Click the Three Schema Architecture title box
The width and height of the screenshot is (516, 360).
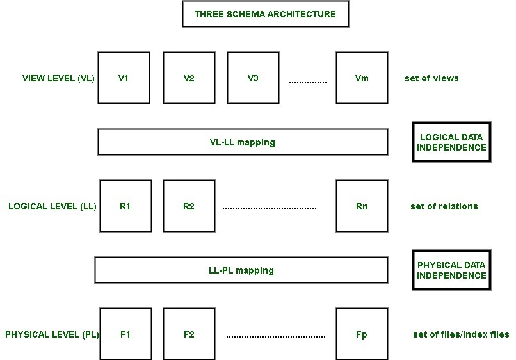(x=265, y=14)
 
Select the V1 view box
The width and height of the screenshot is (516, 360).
(x=124, y=78)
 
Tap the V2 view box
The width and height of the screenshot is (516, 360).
(x=188, y=78)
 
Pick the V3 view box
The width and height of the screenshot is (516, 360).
(x=252, y=78)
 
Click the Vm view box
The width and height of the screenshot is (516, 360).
(x=362, y=78)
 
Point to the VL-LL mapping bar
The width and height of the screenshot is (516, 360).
(x=243, y=142)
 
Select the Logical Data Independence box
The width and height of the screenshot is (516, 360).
(x=451, y=142)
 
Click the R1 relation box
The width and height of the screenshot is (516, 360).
(x=124, y=206)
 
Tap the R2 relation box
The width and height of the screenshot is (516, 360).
(x=188, y=206)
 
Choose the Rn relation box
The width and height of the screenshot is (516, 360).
(x=362, y=206)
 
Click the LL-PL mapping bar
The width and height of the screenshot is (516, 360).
(x=241, y=270)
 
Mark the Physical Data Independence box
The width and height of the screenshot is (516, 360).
(x=451, y=270)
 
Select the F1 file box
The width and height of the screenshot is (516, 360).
(x=124, y=334)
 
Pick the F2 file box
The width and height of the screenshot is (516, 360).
(x=188, y=334)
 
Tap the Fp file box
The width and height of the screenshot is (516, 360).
(x=362, y=334)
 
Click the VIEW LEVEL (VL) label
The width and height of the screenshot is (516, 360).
(x=58, y=79)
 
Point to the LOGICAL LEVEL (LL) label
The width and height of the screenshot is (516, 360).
(x=52, y=206)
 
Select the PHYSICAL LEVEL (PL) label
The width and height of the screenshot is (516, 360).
(x=52, y=334)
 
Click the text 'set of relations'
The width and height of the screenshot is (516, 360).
(x=444, y=206)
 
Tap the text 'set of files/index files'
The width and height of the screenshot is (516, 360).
(x=461, y=334)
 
